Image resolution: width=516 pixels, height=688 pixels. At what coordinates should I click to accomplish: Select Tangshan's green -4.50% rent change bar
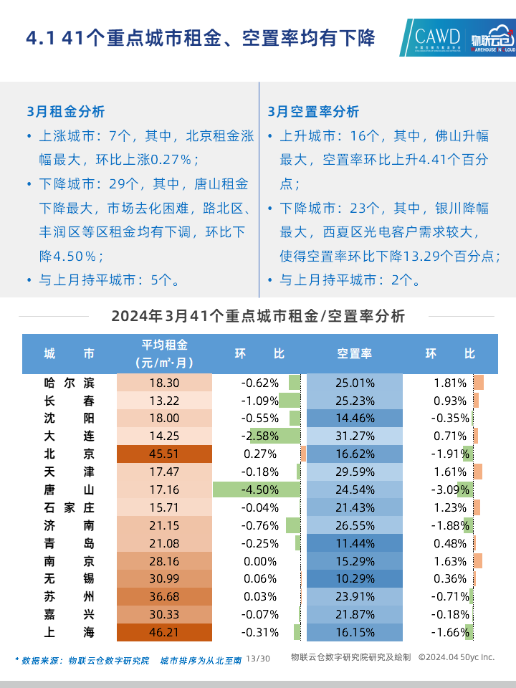click(x=257, y=489)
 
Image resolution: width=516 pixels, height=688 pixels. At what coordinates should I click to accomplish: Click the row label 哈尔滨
click(x=69, y=383)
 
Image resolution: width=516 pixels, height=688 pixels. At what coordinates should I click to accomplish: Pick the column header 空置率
click(x=355, y=354)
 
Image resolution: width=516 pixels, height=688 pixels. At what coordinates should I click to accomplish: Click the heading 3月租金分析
click(x=65, y=112)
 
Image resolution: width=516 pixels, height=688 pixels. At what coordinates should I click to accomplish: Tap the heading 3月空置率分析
click(x=313, y=112)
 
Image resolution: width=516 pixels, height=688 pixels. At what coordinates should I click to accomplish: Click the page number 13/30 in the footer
click(x=258, y=658)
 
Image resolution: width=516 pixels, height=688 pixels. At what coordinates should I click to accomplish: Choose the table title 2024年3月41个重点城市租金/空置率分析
click(x=258, y=316)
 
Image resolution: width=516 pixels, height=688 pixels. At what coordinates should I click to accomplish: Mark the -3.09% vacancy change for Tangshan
click(x=451, y=489)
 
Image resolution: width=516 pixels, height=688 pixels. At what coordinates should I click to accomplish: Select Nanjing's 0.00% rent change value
click(x=260, y=560)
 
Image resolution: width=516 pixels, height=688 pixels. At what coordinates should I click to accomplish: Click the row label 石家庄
click(x=69, y=507)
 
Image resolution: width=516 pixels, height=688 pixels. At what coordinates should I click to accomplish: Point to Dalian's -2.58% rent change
click(x=260, y=436)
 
